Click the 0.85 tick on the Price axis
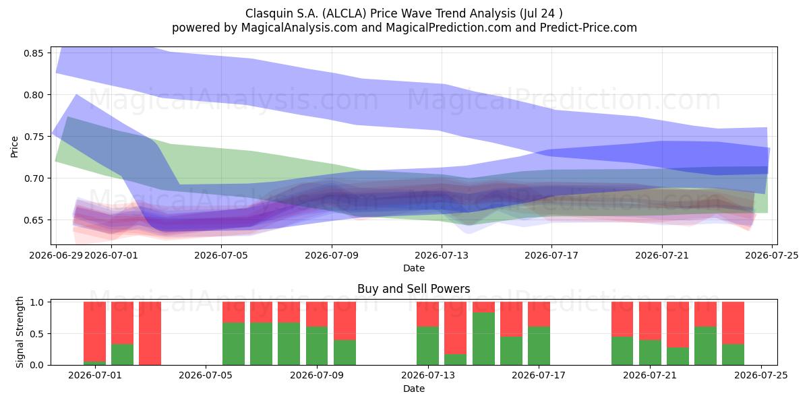33,53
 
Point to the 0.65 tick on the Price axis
33,220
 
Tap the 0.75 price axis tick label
33,137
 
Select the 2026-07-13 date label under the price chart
442,255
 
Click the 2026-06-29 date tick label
56,255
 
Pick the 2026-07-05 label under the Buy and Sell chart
206,376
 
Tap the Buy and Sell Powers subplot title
413,289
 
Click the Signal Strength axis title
20,332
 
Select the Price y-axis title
14,147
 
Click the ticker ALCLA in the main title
344,13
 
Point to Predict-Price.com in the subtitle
589,28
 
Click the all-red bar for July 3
150,333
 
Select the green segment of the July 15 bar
483,339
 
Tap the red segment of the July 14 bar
456,328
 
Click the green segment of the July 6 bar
233,344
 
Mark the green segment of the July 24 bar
733,355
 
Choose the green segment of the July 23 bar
705,346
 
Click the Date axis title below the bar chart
413,389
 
